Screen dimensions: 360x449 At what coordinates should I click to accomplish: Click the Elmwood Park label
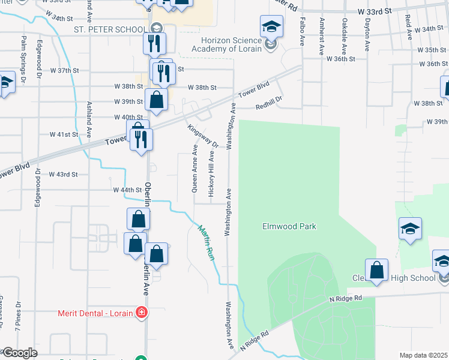tap(289, 226)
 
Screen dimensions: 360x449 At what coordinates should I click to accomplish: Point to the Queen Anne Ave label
tap(194, 167)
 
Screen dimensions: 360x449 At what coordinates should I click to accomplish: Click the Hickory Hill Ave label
tap(211, 172)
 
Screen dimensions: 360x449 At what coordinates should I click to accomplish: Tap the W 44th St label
tap(127, 190)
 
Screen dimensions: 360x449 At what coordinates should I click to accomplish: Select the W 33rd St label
tap(374, 11)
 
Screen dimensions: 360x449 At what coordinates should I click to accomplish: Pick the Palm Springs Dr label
tap(23, 59)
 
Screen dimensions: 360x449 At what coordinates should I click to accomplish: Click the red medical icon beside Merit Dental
tap(141, 313)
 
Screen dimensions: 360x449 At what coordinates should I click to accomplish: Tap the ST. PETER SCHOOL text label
tap(110, 29)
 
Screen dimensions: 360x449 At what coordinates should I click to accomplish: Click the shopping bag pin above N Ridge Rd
tap(376, 271)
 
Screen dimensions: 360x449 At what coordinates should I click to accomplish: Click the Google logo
tap(19, 353)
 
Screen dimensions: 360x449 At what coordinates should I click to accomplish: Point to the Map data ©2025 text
tap(423, 355)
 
